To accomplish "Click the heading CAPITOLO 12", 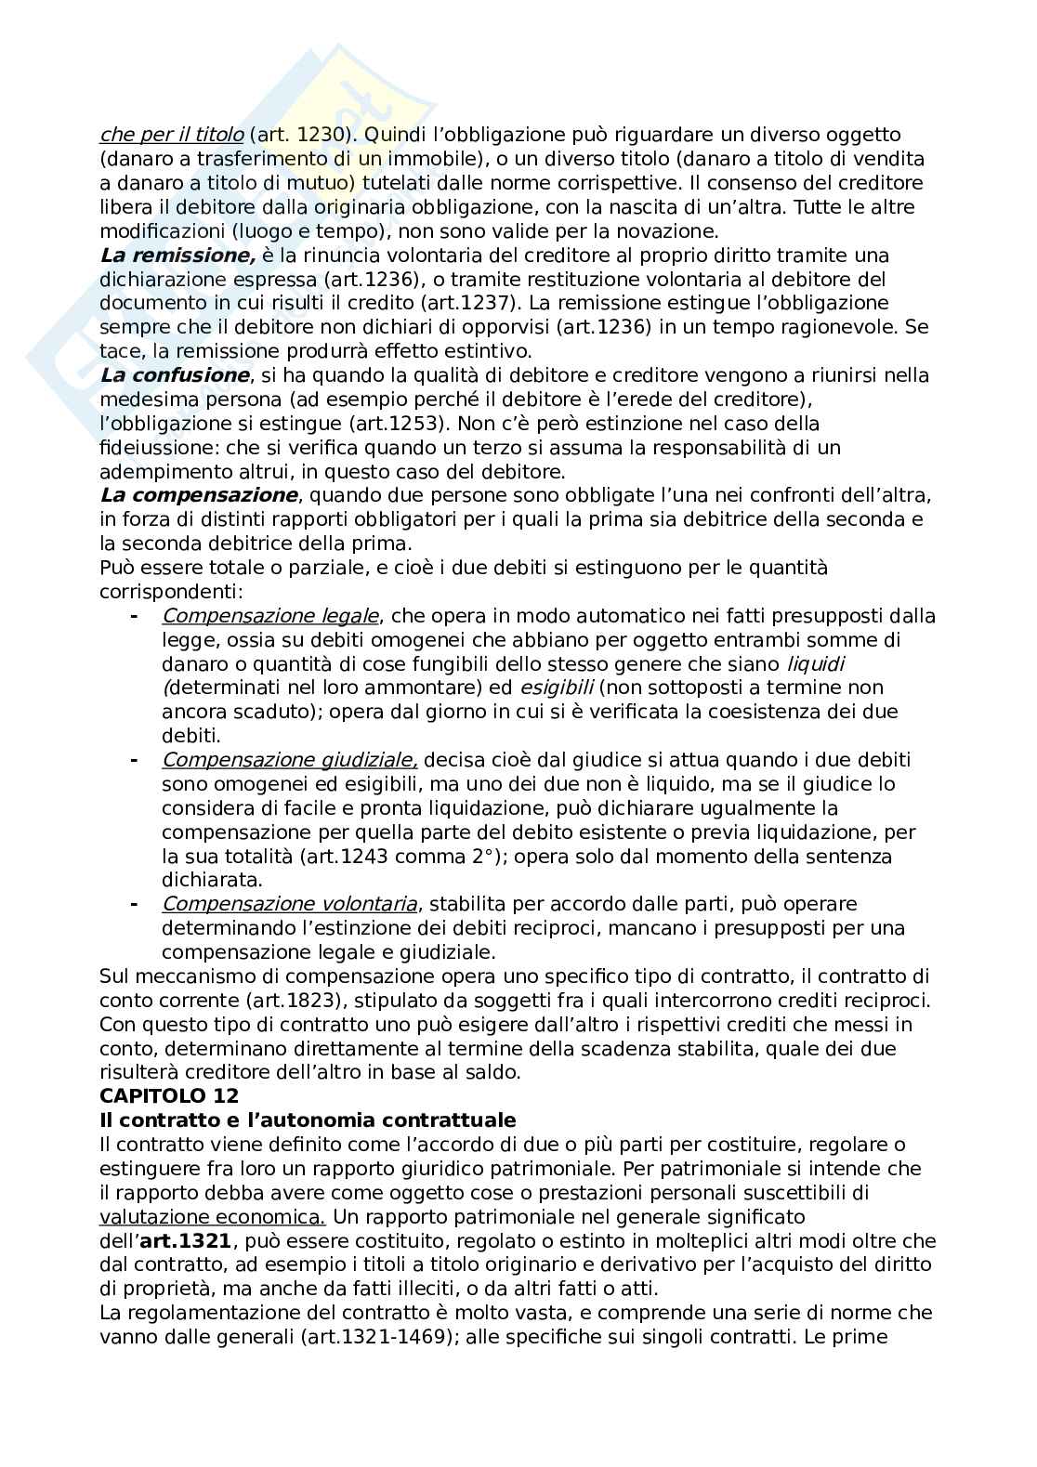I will pyautogui.click(x=169, y=1095).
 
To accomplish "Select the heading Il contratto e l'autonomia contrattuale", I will pyautogui.click(x=308, y=1120).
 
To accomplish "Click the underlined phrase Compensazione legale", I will pyautogui.click(x=270, y=616).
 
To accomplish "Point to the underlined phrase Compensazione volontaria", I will pyautogui.click(x=289, y=904).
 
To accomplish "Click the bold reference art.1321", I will pyautogui.click(x=185, y=1240).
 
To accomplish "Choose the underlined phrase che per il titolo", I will pyautogui.click(x=172, y=135).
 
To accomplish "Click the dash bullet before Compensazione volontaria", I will pyautogui.click(x=134, y=904).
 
